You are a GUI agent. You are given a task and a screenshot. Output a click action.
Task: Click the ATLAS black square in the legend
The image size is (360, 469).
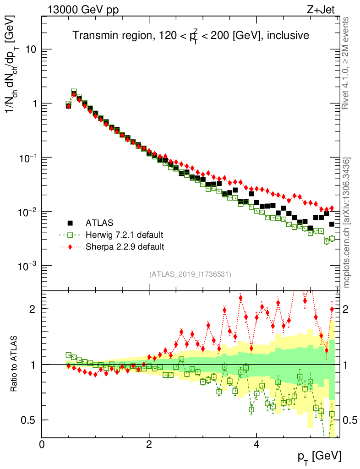pos(70,223)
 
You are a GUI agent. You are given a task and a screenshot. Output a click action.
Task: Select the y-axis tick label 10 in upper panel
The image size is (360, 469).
pos(31,49)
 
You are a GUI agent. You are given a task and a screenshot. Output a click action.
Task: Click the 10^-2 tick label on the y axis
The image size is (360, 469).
pos(27,212)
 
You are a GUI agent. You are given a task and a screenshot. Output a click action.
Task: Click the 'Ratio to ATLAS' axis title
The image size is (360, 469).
pos(15,364)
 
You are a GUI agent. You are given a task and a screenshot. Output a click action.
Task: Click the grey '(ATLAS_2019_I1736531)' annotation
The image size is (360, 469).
pos(190,274)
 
